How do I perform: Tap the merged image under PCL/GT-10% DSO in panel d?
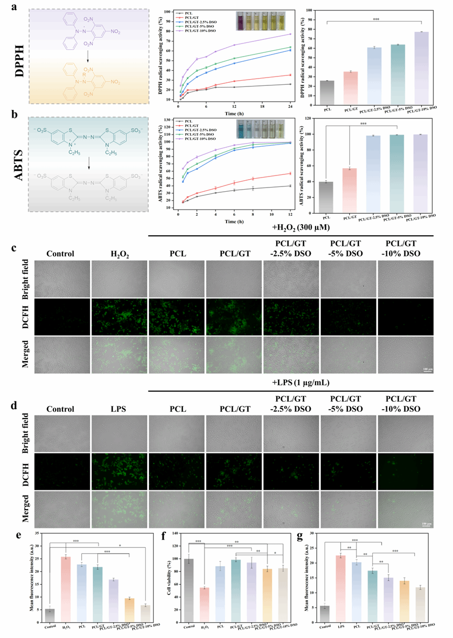point(405,508)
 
